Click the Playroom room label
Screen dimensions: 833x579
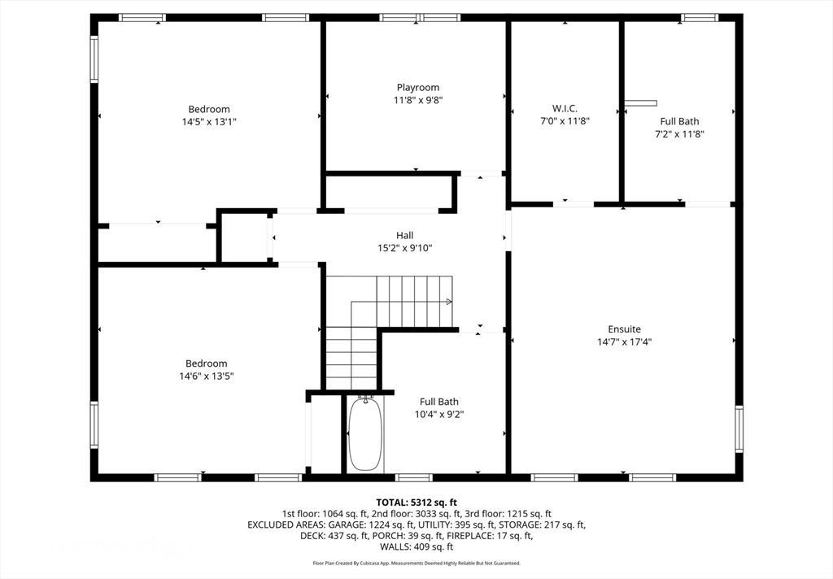click(x=418, y=88)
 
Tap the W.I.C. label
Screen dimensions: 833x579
click(x=565, y=108)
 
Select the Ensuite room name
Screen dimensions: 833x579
click(x=624, y=329)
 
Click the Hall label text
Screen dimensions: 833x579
click(x=404, y=235)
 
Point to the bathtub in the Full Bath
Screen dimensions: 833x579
click(x=365, y=434)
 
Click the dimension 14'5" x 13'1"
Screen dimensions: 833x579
click(x=209, y=122)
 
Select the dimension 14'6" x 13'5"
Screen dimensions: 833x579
click(x=206, y=376)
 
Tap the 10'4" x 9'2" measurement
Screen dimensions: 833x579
click(x=438, y=415)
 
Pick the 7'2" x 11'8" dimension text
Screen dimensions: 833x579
click(x=679, y=134)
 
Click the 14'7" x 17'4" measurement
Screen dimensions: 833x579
click(x=624, y=342)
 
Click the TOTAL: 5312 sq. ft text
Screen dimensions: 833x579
click(x=416, y=503)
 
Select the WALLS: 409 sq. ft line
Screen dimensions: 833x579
click(x=416, y=546)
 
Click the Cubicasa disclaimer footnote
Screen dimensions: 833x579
click(x=416, y=563)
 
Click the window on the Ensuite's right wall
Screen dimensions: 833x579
click(x=739, y=429)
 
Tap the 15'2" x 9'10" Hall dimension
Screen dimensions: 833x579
click(x=404, y=248)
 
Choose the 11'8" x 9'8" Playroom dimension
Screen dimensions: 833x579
click(x=418, y=100)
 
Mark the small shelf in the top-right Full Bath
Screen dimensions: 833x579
click(x=641, y=103)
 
